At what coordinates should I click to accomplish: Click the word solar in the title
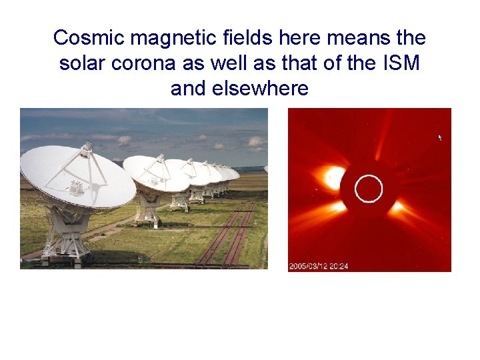point(85,63)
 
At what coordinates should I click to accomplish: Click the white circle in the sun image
point(369,189)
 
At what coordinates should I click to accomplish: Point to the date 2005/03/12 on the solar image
point(310,267)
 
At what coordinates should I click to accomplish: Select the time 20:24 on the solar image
point(341,267)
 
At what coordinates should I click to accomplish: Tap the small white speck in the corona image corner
point(439,137)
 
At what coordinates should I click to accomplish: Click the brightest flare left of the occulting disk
point(333,176)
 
